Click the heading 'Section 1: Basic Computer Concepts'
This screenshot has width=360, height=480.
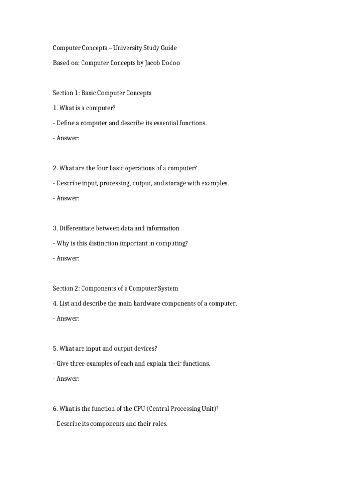[102, 93]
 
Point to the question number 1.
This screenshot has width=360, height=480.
[55, 108]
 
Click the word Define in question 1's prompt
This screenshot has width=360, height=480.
[66, 123]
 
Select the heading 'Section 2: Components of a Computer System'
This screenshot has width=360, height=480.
[115, 288]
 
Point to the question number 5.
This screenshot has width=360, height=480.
[55, 348]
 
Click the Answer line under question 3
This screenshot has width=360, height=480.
[66, 258]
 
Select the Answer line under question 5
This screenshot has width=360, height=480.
[66, 378]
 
